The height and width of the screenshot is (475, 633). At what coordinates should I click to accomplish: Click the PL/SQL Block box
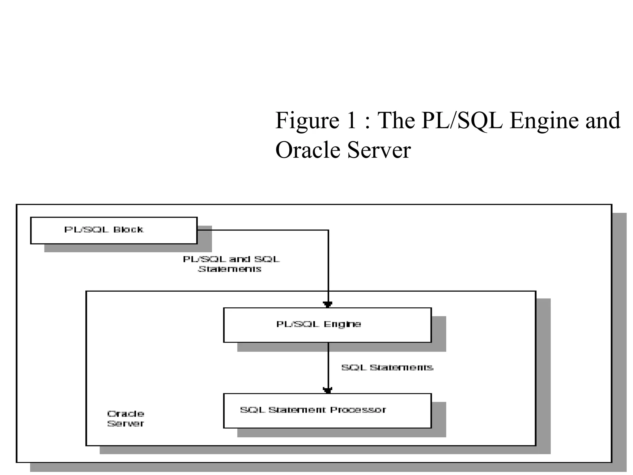[x=114, y=230]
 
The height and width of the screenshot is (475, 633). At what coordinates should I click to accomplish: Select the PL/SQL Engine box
[x=327, y=325]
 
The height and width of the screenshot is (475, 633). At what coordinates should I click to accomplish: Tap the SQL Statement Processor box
[x=327, y=411]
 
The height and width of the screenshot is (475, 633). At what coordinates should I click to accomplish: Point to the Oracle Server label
[x=125, y=418]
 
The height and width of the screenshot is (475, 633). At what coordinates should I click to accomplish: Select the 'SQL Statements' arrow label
[x=387, y=367]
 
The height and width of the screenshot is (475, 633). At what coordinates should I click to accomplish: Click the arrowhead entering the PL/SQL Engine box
[x=328, y=304]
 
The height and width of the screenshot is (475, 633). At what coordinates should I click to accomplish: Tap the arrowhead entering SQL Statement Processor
[x=328, y=390]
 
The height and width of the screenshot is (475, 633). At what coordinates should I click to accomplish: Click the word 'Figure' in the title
[x=307, y=121]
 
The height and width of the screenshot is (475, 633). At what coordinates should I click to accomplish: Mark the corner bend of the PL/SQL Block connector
[x=328, y=230]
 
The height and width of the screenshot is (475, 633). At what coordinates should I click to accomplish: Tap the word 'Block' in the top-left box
[x=128, y=229]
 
